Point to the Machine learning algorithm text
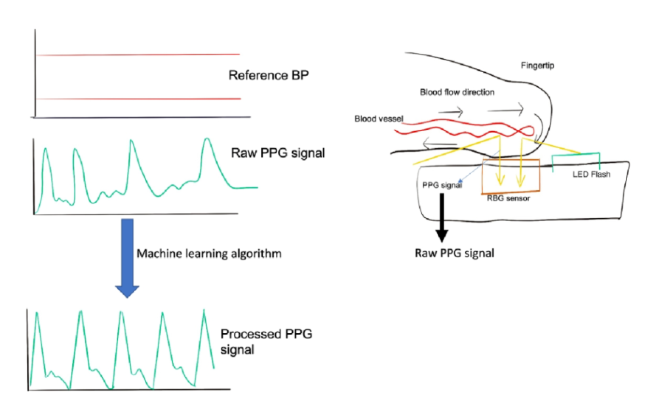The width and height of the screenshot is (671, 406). pyautogui.click(x=208, y=253)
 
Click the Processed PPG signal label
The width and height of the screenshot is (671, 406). pyautogui.click(x=266, y=342)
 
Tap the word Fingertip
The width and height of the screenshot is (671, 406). pyautogui.click(x=537, y=66)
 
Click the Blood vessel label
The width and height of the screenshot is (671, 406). pyautogui.click(x=378, y=119)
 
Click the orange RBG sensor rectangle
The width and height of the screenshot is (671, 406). pyautogui.click(x=510, y=176)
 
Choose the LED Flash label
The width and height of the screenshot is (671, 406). pyautogui.click(x=591, y=174)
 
